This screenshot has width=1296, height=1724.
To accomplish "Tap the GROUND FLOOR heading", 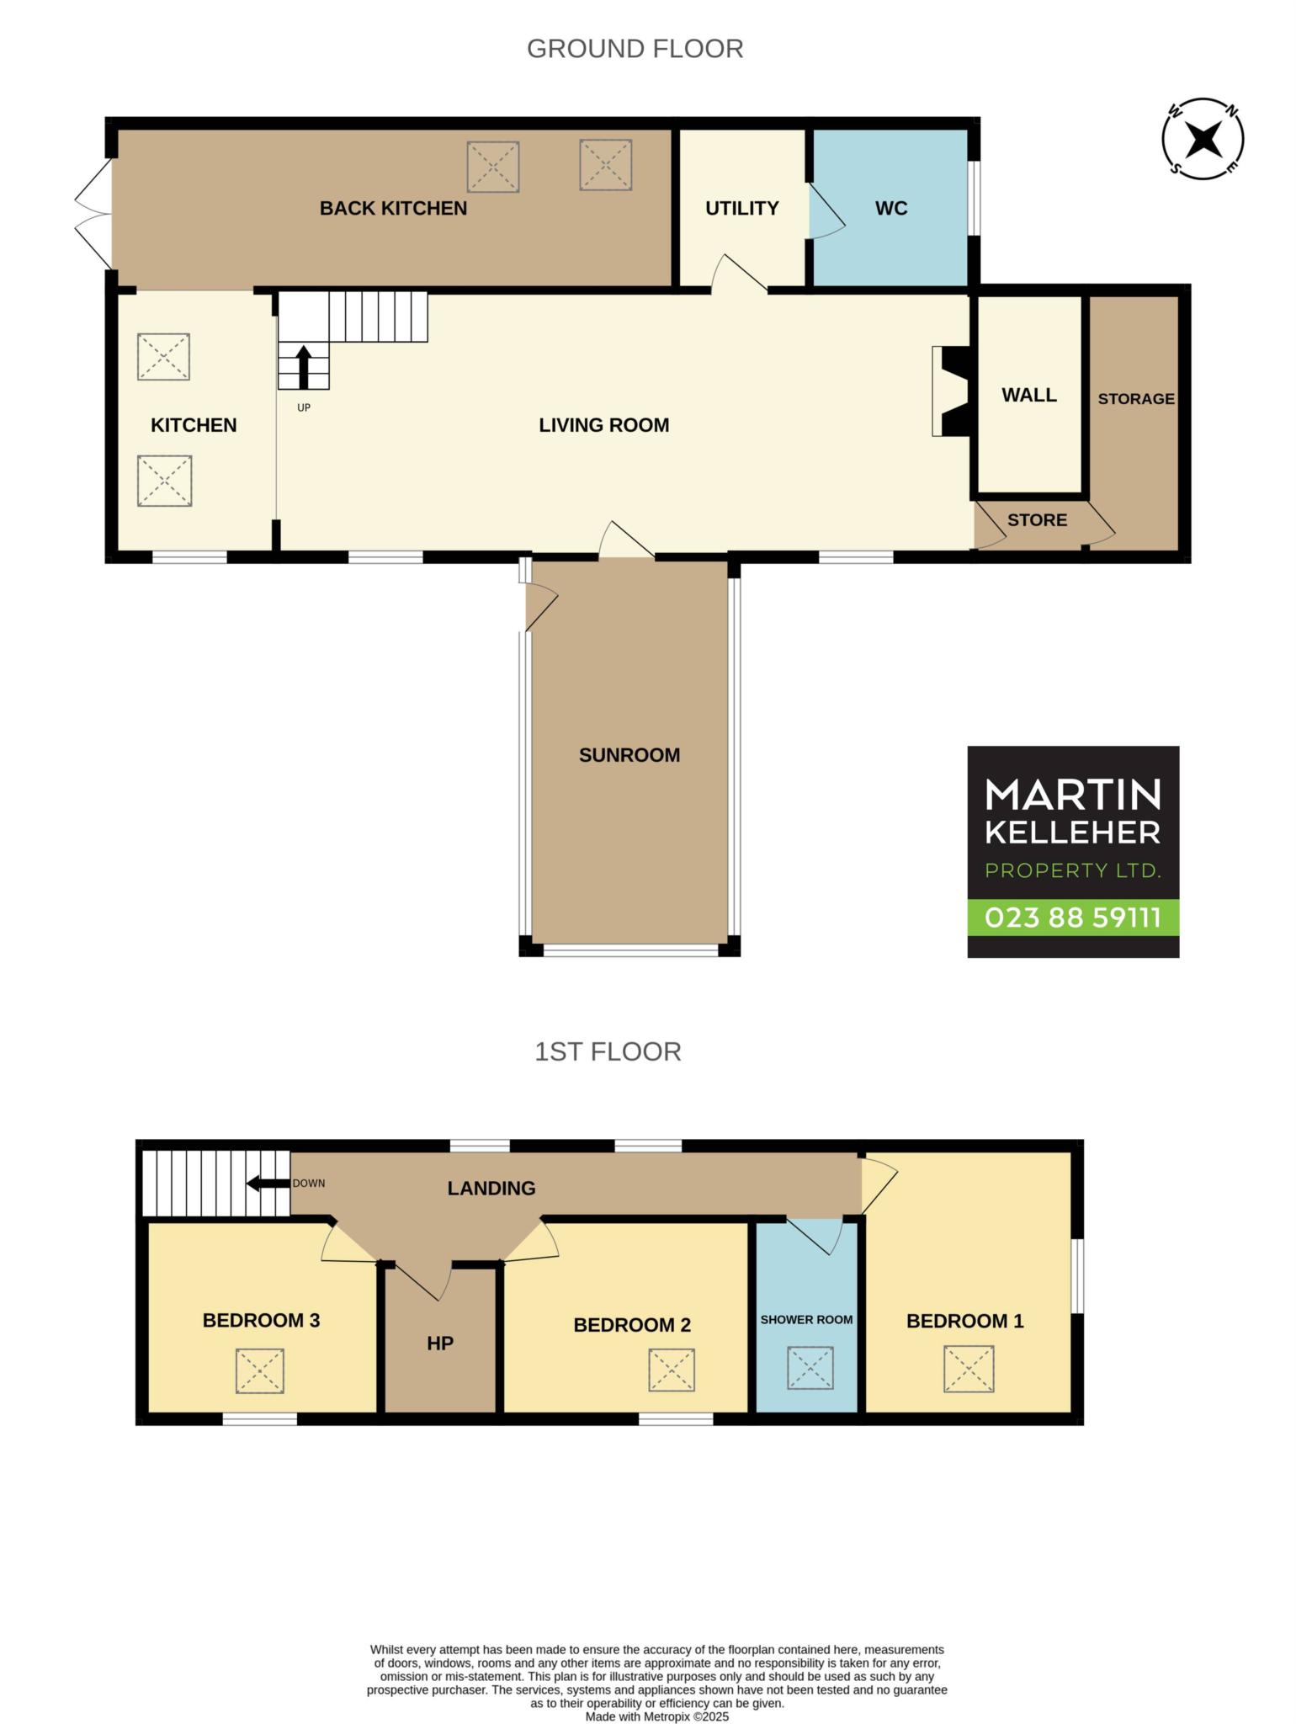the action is coord(635,49).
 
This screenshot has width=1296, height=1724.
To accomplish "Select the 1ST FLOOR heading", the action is coord(608,1051).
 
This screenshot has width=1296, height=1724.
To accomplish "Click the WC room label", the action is coord(891,208).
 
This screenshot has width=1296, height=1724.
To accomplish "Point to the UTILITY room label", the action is coord(741,208).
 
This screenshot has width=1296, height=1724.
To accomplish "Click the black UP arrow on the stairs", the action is coord(304,367).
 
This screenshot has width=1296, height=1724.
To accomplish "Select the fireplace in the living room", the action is coord(951,391).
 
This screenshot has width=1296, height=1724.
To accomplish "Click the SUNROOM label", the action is coord(629,755).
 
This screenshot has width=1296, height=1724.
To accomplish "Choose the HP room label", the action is coord(440,1343).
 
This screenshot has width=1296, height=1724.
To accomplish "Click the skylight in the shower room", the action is coord(810,1368).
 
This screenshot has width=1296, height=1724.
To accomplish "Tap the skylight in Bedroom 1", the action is coord(969,1369).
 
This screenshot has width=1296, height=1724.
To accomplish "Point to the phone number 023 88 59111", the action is coord(1073,917).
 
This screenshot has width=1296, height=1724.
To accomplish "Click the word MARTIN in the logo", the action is coord(1073,794).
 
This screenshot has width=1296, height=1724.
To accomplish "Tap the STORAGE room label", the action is coord(1136,399).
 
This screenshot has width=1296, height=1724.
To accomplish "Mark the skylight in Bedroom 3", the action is coord(260,1370).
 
